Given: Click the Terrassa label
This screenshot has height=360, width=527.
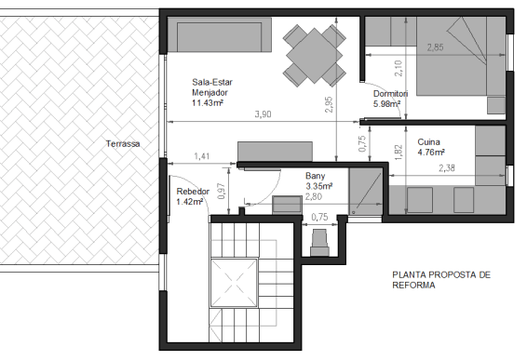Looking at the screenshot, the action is (x=123, y=144).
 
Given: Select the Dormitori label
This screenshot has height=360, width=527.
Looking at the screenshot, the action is (x=390, y=94).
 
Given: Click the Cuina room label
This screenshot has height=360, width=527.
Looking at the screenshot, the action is (x=428, y=142).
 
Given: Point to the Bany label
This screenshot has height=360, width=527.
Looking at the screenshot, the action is (x=316, y=176).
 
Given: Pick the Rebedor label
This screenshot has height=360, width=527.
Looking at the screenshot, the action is (x=193, y=192).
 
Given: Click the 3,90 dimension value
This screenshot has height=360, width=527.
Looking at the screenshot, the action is (x=263, y=114).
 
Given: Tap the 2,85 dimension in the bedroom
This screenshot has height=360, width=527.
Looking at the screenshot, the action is (x=435, y=47).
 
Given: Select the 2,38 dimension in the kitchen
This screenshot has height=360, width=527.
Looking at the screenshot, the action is (x=447, y=168).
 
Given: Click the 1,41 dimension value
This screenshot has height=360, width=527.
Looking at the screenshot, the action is (x=202, y=156).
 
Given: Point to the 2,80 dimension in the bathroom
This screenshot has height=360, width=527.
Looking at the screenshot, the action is (x=314, y=196).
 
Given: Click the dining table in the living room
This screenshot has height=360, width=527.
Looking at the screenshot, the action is (x=315, y=56).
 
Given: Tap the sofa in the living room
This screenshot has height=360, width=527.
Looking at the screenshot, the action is (x=220, y=35).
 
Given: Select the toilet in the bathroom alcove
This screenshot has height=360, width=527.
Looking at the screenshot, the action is (x=320, y=243).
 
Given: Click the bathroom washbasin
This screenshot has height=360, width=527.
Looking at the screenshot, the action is (x=287, y=205).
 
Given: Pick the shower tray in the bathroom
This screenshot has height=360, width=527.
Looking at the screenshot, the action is (x=366, y=191).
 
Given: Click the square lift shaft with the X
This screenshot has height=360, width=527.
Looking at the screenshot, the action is (x=234, y=283).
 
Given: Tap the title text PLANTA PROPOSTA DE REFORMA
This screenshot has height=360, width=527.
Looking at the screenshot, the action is (x=441, y=280).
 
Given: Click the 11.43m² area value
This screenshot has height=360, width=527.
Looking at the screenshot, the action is (x=208, y=102).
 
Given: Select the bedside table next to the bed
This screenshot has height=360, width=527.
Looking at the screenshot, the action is (x=496, y=105).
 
